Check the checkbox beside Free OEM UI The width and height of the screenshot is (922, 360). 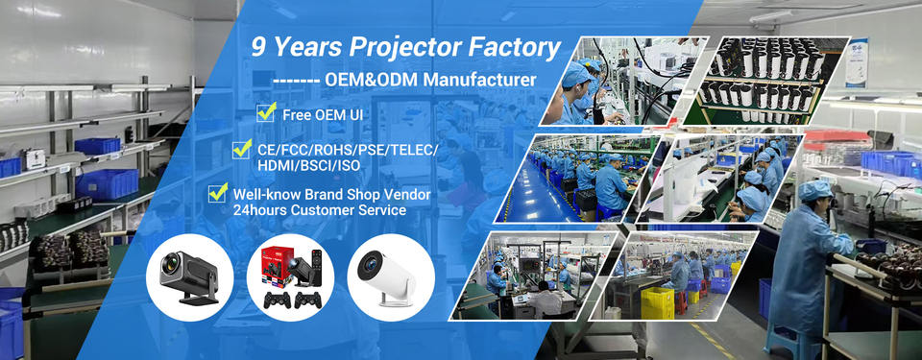pos(266,111)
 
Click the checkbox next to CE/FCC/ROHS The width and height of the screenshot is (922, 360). pos(242,149)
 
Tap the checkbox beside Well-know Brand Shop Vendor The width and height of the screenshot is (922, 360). pos(218,192)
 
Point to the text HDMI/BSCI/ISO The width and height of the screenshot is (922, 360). pos(308,166)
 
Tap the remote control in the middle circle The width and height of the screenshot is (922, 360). pos(316,267)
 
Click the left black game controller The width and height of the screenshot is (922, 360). pos(277,300)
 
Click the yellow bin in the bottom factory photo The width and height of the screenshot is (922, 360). pos(657,303)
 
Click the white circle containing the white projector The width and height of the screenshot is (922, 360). pos(391,277)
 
